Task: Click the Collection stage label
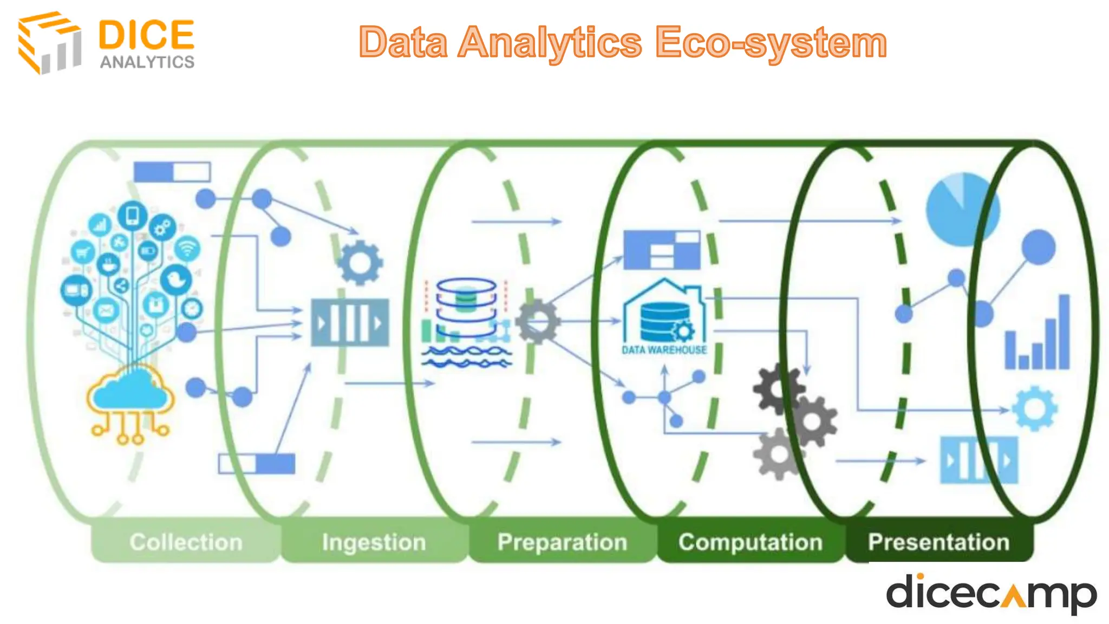186,542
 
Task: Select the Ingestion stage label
374,542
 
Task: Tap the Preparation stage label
562,542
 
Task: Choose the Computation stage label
751,542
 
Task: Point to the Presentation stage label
938,542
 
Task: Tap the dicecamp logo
990,593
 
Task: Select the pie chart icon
962,209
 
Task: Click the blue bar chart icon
1038,336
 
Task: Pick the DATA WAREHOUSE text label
664,350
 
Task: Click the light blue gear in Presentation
1034,408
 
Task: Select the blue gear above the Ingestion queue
360,263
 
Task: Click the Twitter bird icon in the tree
175,279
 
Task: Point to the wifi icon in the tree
187,248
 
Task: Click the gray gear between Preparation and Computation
537,322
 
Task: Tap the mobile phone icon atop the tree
132,216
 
